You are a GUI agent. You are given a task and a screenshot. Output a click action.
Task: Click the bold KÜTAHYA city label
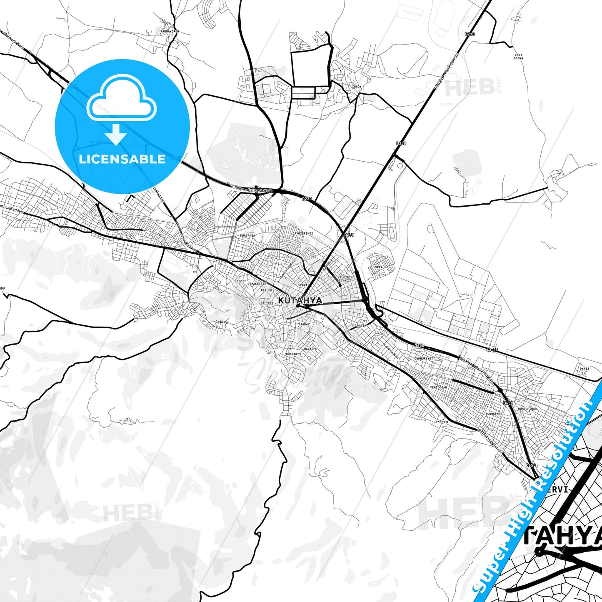(x=300, y=300)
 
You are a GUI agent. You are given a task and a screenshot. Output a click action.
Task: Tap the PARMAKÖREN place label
(x=169, y=31)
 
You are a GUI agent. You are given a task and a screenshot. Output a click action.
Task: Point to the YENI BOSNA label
(x=518, y=56)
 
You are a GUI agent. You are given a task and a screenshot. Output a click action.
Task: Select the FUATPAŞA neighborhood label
(x=247, y=235)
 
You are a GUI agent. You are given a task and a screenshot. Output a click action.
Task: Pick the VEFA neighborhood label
(x=379, y=267)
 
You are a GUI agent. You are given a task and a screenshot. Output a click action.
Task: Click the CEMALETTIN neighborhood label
(x=257, y=284)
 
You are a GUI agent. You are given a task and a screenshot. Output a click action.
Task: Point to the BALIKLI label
(x=267, y=303)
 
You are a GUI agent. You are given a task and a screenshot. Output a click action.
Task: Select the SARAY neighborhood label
(x=305, y=324)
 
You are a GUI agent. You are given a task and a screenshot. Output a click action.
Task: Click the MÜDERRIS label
(x=293, y=354)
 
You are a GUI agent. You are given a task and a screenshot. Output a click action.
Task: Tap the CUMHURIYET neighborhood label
(x=424, y=358)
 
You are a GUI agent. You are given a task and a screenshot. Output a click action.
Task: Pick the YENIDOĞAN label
(x=438, y=387)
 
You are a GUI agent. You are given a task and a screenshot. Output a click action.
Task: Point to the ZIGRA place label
(x=585, y=369)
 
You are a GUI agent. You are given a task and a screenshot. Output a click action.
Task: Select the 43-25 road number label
(x=492, y=350)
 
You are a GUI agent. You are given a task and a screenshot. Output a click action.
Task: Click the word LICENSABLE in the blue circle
(x=122, y=159)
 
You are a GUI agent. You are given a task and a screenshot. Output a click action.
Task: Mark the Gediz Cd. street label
(x=221, y=322)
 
